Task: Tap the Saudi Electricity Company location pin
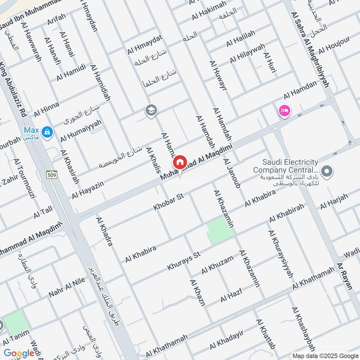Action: pos(328,171)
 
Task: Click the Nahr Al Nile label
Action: pos(60,287)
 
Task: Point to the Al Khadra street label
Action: pos(104,231)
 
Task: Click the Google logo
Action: pos(19,353)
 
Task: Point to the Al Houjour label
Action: pos(334,44)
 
